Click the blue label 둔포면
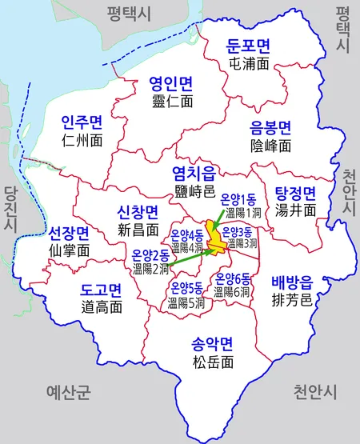pos(249,45)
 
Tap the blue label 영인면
pos(172,83)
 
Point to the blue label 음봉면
pos(270,127)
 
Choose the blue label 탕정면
pos(295,193)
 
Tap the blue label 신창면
pos(138,212)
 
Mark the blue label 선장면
pos(69,233)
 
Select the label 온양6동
pos(233,279)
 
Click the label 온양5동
pos(186,288)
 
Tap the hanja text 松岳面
pos(212,362)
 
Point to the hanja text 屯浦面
pos(249,62)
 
